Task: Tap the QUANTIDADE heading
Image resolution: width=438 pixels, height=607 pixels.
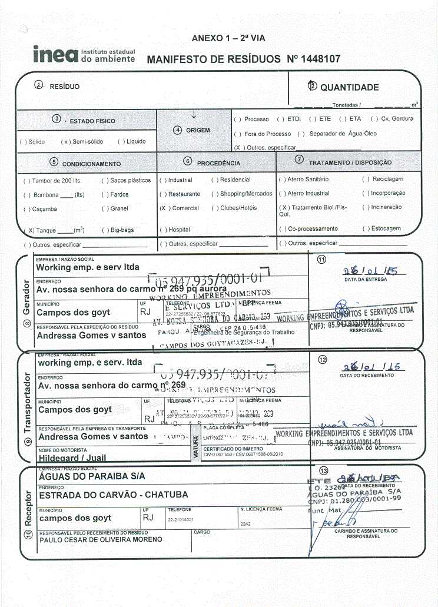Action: click(x=349, y=87)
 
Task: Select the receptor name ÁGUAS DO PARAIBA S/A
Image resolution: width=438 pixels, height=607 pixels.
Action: click(x=92, y=476)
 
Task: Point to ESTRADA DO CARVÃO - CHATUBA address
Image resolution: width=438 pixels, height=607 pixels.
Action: click(x=113, y=496)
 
